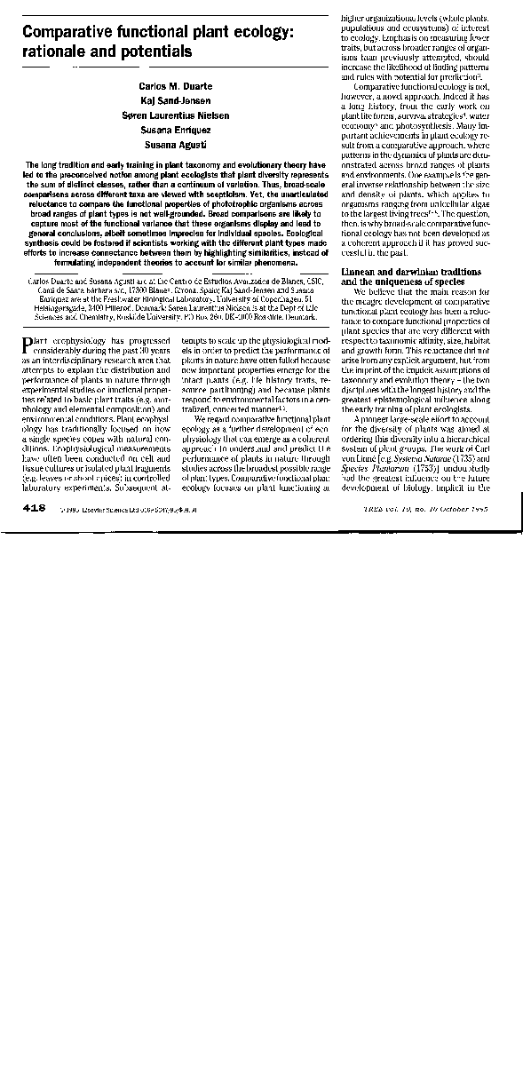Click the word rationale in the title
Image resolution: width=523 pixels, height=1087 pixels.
56,52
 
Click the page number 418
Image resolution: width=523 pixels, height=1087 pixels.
35,507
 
